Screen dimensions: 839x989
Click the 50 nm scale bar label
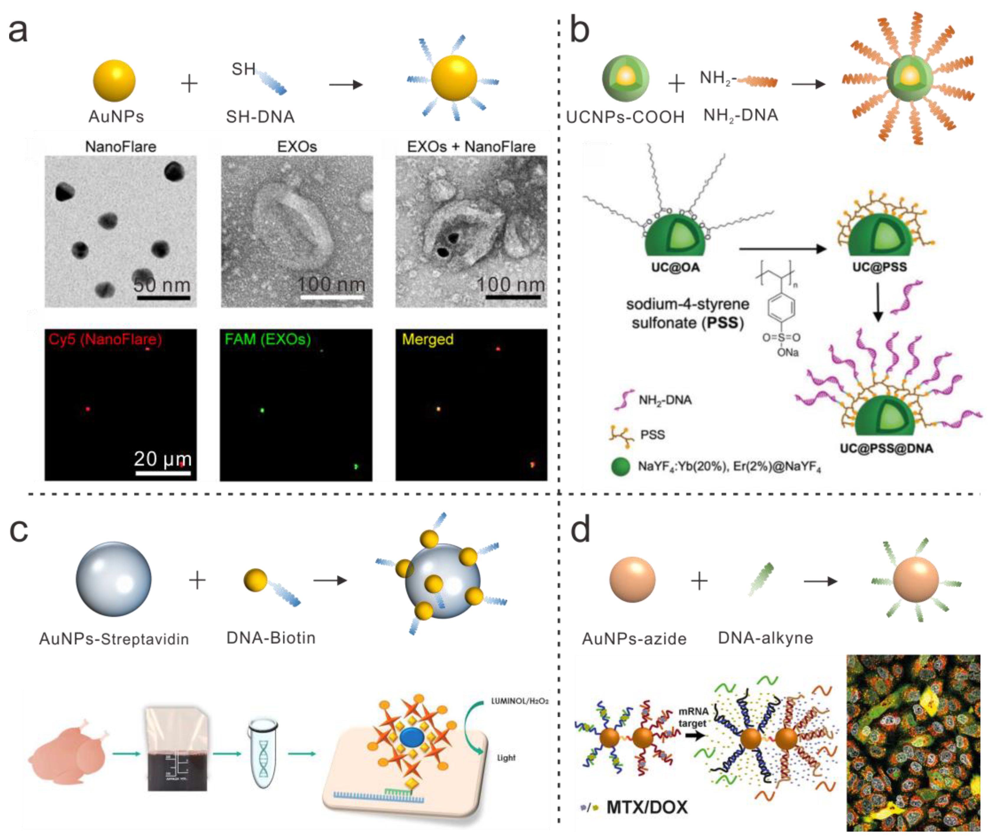(x=162, y=285)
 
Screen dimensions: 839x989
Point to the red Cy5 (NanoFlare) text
(x=105, y=339)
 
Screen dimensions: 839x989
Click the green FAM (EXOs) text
(x=267, y=339)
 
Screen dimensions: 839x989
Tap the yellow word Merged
(x=427, y=339)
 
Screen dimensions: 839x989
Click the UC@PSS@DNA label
(x=886, y=448)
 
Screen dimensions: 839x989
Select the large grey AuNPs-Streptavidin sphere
(x=114, y=579)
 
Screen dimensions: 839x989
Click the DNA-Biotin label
(x=271, y=638)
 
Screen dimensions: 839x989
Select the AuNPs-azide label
(x=634, y=638)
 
